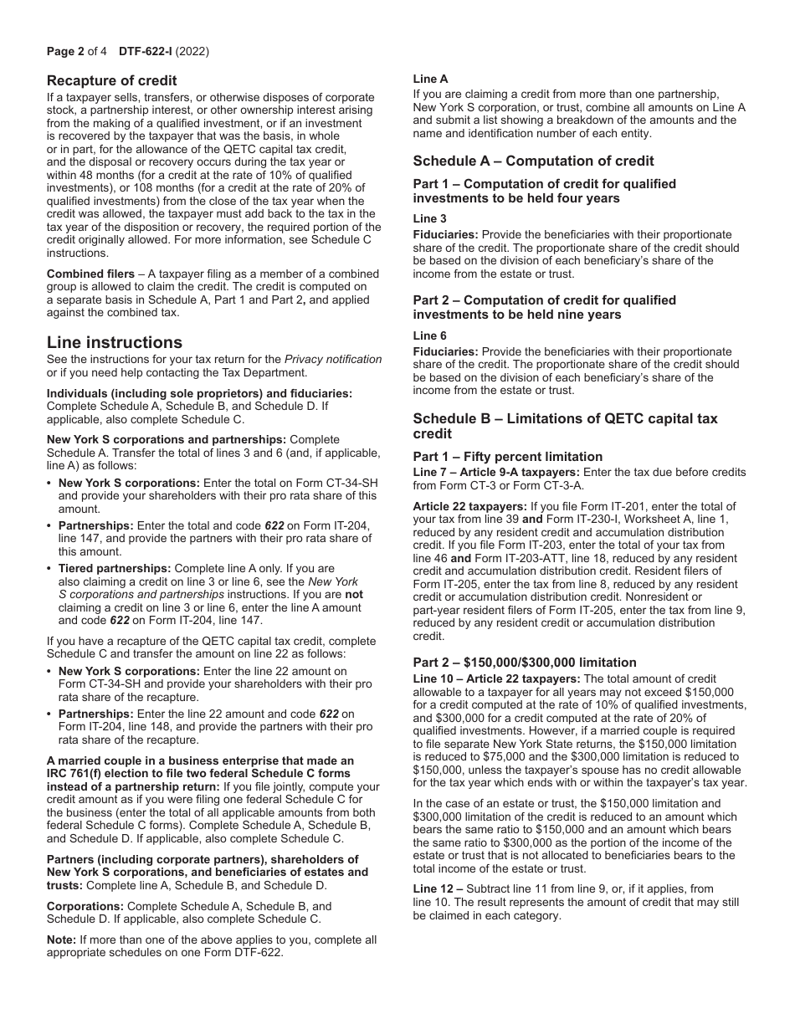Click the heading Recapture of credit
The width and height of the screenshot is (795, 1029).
(x=111, y=80)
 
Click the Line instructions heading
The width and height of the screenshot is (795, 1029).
(x=114, y=342)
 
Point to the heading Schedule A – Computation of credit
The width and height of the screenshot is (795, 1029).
(x=533, y=161)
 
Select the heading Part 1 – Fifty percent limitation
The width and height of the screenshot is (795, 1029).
(x=507, y=456)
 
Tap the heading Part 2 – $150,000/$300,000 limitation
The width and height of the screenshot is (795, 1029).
(x=525, y=662)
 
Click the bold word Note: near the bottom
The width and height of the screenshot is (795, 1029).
(x=61, y=939)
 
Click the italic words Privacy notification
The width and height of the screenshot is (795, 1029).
(x=333, y=359)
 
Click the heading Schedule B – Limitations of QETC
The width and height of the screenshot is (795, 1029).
(x=565, y=418)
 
